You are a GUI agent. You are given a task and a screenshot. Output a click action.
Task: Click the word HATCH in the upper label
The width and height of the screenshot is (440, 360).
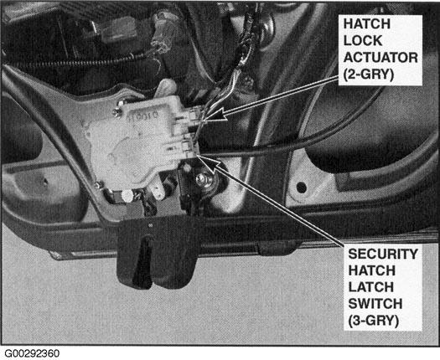click(367, 23)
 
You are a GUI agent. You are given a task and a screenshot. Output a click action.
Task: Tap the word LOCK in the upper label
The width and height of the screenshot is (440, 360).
click(363, 41)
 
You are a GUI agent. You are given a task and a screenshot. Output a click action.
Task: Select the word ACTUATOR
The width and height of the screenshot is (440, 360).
click(380, 58)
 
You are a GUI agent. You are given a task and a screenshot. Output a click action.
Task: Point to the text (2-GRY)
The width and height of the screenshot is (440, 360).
click(369, 75)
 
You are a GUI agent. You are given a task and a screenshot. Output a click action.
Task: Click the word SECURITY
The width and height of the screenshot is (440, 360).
click(383, 254)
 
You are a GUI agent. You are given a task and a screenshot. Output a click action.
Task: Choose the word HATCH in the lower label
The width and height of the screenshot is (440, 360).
click(371, 270)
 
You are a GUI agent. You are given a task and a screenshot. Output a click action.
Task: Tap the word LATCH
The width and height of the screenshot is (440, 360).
click(370, 287)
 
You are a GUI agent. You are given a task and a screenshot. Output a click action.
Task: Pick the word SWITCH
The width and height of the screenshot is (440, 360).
click(375, 304)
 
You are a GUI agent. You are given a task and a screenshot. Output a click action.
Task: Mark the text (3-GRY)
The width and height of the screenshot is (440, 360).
click(373, 321)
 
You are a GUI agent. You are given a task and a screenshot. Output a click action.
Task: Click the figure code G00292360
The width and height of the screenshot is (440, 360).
click(32, 353)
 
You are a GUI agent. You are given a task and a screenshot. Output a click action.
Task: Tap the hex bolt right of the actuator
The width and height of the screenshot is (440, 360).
click(201, 179)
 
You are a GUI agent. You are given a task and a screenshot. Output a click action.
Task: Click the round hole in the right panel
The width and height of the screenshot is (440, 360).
click(301, 188)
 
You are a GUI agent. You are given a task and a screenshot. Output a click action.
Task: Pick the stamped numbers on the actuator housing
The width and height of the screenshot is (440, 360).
click(143, 116)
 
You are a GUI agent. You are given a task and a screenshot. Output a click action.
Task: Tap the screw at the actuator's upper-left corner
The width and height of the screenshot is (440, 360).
click(117, 113)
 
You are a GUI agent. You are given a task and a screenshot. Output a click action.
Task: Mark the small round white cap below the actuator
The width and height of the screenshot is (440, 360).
click(127, 196)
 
